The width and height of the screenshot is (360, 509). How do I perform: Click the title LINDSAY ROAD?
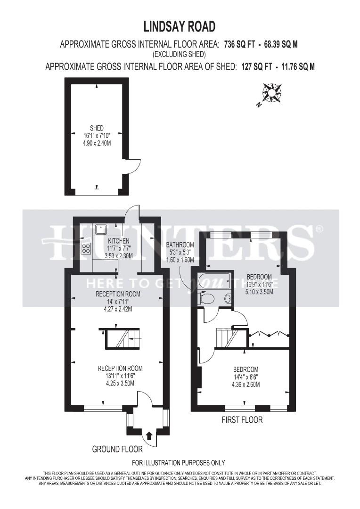pos(180,26)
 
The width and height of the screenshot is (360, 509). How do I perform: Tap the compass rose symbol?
pos(271,92)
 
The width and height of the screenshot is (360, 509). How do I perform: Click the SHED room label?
pos(97,128)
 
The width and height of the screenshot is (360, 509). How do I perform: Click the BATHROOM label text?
pos(180,245)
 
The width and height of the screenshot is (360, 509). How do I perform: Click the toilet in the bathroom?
pos(206,299)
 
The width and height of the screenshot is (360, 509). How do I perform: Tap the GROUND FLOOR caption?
pos(117,450)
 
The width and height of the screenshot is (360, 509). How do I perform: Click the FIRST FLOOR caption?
pos(242,419)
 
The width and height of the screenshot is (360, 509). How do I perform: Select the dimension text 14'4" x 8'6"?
pos(245,377)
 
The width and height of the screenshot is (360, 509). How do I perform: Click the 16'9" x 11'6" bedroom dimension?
pos(259,284)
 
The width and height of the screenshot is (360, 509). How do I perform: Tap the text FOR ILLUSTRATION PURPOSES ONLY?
pos(179,463)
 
